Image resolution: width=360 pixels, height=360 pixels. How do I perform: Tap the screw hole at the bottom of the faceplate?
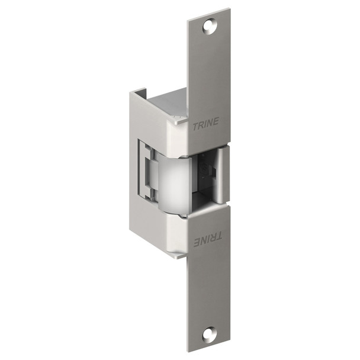click(208, 334)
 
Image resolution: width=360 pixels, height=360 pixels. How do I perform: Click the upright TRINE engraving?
click(205, 123)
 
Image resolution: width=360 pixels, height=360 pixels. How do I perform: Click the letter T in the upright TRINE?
click(195, 124)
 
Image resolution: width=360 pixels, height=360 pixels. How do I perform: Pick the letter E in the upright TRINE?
click(216, 122)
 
